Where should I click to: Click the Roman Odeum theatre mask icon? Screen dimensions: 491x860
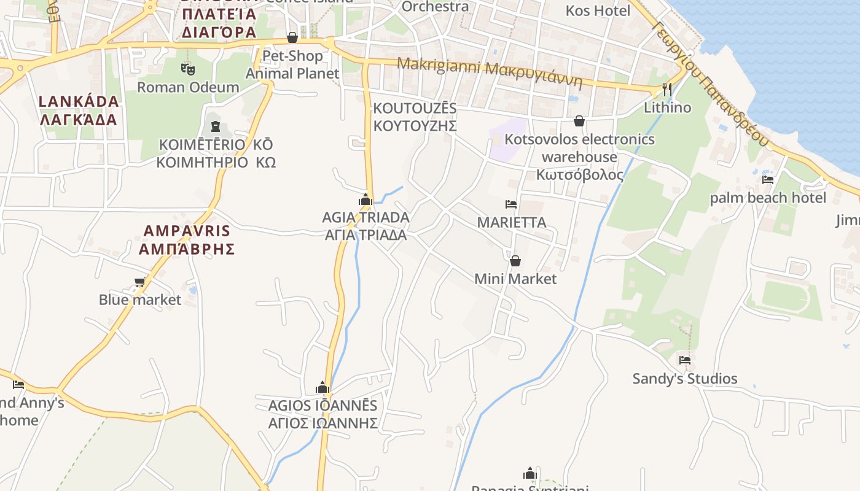point(188,69)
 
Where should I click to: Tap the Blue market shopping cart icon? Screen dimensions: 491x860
point(140,282)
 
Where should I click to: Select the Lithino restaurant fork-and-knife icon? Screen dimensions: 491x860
point(666,90)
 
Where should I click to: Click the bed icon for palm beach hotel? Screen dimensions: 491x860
point(767,180)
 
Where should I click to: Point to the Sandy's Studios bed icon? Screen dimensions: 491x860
point(685,360)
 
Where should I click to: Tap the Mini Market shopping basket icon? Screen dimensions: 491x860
point(515,261)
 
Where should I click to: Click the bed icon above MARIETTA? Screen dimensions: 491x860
point(511,204)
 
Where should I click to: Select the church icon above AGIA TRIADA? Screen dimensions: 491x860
point(365,199)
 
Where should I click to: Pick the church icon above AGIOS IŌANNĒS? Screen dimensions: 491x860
point(322,388)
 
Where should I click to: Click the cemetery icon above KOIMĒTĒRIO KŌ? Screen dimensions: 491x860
point(215,126)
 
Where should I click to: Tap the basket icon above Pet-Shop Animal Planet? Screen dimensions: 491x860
point(292,37)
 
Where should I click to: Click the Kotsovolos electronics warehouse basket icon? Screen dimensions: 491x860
point(579,121)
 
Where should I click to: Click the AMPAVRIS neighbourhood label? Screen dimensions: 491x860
point(187,240)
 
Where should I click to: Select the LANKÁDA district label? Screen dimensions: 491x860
point(79,110)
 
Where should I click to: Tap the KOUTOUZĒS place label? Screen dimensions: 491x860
point(415,117)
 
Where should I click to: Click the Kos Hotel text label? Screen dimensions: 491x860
point(598,11)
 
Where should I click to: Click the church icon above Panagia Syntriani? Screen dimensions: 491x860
point(530,473)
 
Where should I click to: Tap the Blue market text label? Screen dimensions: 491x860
point(140,300)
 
